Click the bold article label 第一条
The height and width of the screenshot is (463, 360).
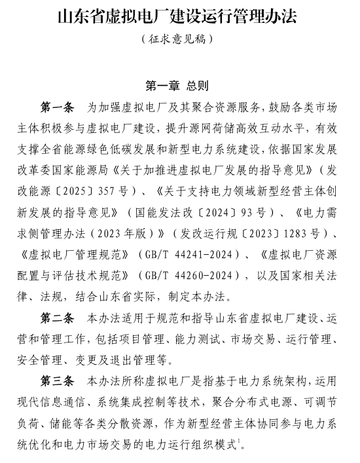click(x=58, y=107)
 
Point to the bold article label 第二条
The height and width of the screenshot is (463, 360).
click(x=58, y=319)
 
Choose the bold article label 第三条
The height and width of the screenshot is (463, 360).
click(x=58, y=381)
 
